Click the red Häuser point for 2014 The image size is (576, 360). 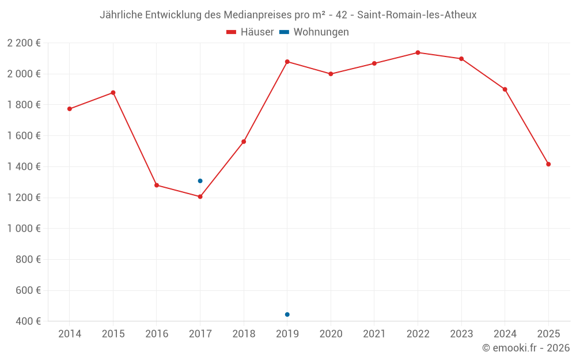coord(70,109)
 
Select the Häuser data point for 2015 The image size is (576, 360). coord(113,93)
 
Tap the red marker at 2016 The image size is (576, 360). coord(157,185)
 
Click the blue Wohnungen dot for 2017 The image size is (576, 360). coord(200,181)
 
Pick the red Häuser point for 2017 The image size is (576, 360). coord(200,196)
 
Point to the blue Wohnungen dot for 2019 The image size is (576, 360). coord(287,314)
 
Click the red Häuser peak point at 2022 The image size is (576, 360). coord(418,52)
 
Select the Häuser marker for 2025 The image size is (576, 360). coord(548,164)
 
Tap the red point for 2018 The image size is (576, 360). coord(244,142)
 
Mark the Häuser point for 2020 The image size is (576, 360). coord(331,74)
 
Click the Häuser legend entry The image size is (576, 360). coord(251,32)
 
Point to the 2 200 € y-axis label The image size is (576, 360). coord(24,43)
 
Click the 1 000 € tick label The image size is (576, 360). coord(24,229)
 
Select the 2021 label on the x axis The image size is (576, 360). coord(374,334)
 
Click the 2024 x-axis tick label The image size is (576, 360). coord(505,334)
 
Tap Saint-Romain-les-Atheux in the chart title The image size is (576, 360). coord(416,15)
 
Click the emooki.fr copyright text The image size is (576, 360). coord(525,348)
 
